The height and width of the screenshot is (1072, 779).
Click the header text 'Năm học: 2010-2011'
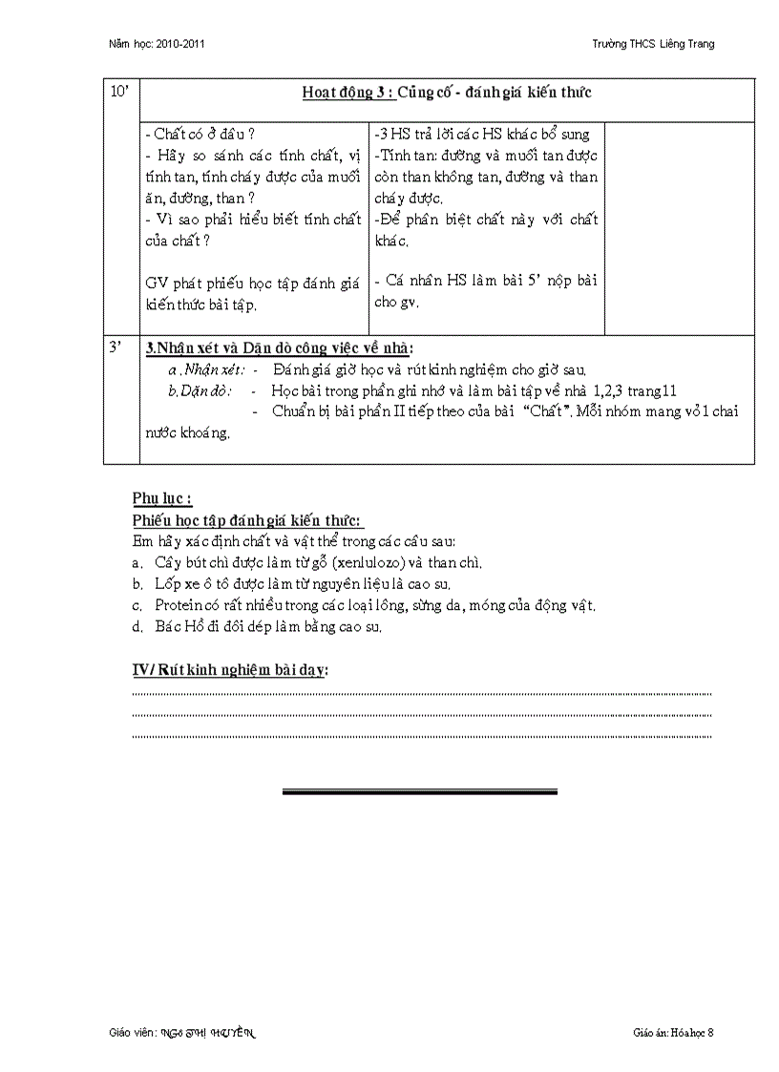[x=157, y=44]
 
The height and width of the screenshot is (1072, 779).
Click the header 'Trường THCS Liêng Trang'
[x=653, y=44]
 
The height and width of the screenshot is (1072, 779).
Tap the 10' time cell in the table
[x=121, y=92]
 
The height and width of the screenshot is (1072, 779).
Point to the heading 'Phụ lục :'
[x=162, y=498]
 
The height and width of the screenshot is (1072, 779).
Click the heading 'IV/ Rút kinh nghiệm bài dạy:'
[x=230, y=670]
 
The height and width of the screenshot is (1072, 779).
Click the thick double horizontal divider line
[x=420, y=791]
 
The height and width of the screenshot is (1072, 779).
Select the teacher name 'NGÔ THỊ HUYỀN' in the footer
[x=220, y=1033]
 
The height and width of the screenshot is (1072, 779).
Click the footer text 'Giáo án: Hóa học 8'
[x=672, y=1033]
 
